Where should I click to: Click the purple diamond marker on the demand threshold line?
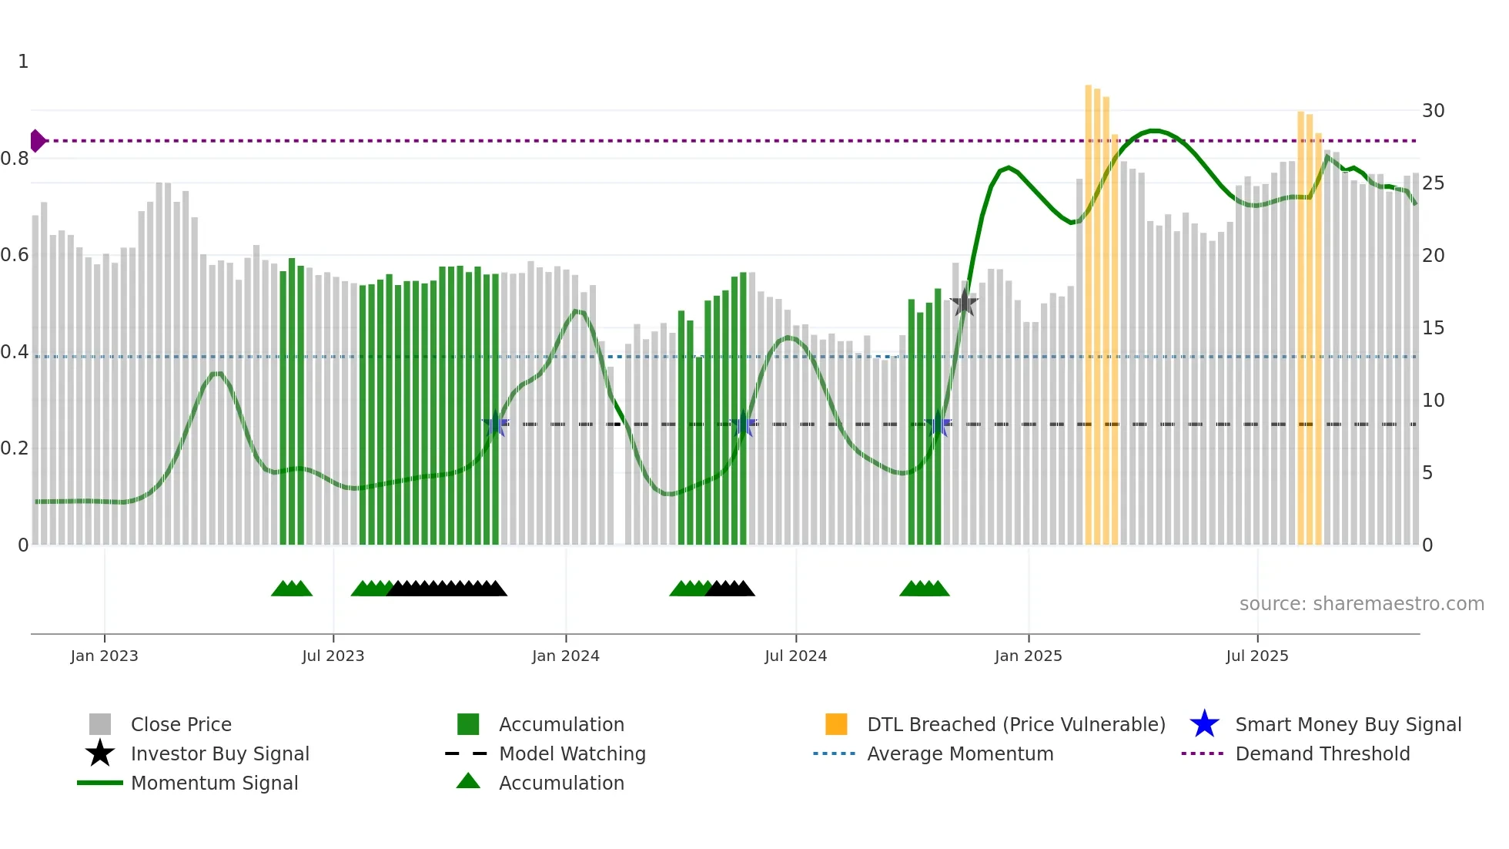(37, 141)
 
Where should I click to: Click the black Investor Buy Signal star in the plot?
(964, 304)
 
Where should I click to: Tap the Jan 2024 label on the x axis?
(565, 656)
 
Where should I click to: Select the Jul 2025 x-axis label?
(1256, 656)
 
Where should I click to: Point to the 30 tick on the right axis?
(1433, 111)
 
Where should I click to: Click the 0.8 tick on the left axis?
(15, 159)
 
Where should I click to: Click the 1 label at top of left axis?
(23, 62)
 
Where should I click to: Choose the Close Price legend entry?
(180, 724)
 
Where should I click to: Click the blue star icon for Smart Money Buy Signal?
(1204, 724)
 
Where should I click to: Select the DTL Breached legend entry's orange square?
(836, 724)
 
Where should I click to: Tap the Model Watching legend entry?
(571, 753)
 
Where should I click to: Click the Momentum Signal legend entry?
(214, 783)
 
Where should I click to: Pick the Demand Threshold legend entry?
(1322, 753)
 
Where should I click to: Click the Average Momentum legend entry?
(959, 753)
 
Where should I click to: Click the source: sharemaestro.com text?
(1361, 604)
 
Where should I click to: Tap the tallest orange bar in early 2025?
(1089, 308)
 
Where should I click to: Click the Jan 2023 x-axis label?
(104, 656)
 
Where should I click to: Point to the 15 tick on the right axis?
(1433, 328)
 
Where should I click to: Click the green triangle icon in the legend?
(468, 781)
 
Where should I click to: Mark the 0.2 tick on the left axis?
(15, 448)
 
